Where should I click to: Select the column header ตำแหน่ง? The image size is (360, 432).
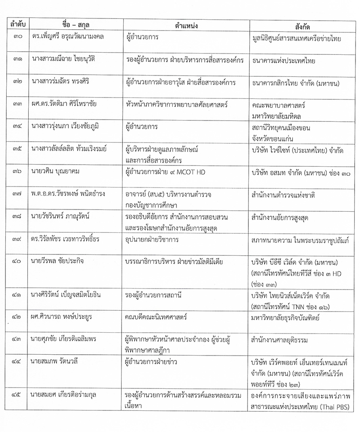click(185, 23)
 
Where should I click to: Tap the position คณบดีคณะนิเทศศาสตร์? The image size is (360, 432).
click(156, 317)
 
